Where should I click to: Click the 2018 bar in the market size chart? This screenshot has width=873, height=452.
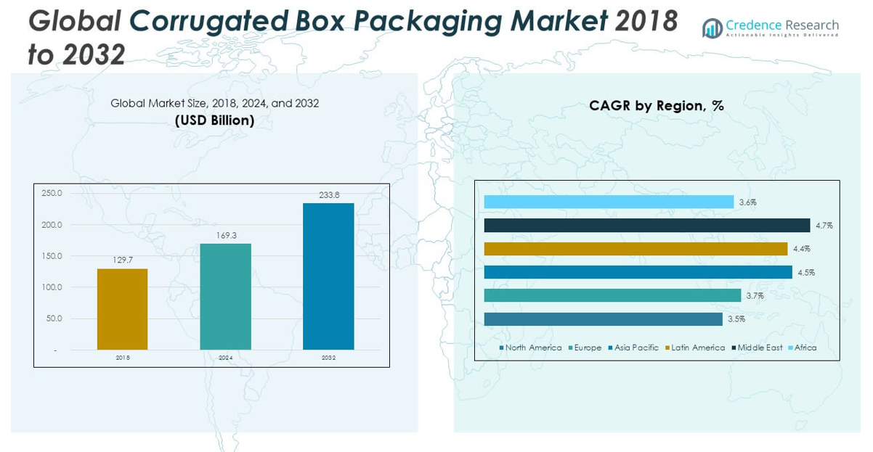[122, 309]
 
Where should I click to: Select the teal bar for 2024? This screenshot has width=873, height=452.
[225, 297]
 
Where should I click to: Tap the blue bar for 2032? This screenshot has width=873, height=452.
[328, 276]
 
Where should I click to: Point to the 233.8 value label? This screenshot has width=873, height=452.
[328, 195]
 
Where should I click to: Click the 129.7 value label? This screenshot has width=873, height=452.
[122, 260]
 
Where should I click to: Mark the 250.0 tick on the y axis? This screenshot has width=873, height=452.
[52, 194]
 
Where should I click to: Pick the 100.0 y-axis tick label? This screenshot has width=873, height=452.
[52, 287]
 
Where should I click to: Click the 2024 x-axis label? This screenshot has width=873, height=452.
[225, 358]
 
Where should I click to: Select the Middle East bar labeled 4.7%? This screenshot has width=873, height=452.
[646, 226]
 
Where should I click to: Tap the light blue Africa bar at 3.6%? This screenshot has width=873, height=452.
[609, 202]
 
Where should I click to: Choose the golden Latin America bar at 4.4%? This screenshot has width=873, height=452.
[636, 249]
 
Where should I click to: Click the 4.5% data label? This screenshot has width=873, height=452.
[806, 273]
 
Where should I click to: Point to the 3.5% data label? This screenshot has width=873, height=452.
[736, 319]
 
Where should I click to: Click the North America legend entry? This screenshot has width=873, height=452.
[533, 348]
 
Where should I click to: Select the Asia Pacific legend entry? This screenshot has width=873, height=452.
[636, 348]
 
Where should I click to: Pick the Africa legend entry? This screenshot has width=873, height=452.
[805, 348]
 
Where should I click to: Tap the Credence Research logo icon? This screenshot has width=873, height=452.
[712, 28]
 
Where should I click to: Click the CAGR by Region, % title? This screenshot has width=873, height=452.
[657, 106]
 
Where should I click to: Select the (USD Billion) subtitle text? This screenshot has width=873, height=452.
[214, 120]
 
